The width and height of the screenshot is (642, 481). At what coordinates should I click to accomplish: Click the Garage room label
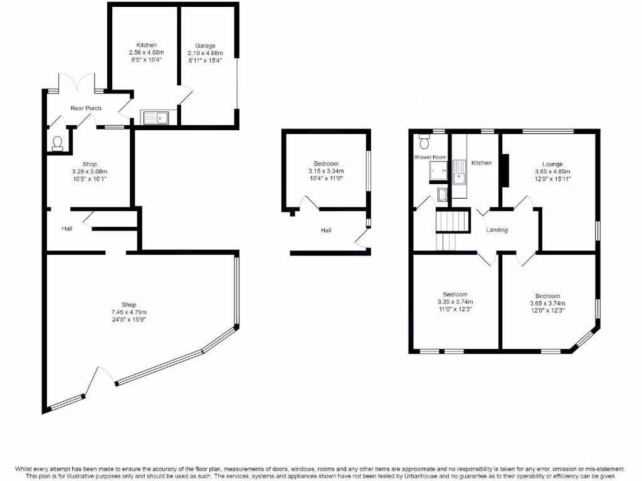[x=205, y=46]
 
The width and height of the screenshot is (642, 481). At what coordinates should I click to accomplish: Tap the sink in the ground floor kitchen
[x=155, y=116]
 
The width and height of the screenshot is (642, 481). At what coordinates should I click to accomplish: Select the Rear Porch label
[x=86, y=108]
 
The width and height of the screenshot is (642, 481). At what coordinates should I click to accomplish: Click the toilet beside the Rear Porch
[x=57, y=143]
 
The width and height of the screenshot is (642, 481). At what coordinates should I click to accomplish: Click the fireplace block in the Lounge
[x=505, y=170]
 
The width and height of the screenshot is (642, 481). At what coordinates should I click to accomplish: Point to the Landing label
[x=497, y=230]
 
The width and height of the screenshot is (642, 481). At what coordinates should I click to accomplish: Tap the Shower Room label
[x=430, y=157]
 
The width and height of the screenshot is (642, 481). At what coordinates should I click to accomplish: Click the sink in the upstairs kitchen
[x=460, y=173]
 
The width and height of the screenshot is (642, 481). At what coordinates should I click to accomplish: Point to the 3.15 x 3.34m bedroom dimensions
[x=325, y=171]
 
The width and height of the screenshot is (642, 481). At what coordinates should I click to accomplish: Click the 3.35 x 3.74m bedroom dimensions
[x=455, y=301]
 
